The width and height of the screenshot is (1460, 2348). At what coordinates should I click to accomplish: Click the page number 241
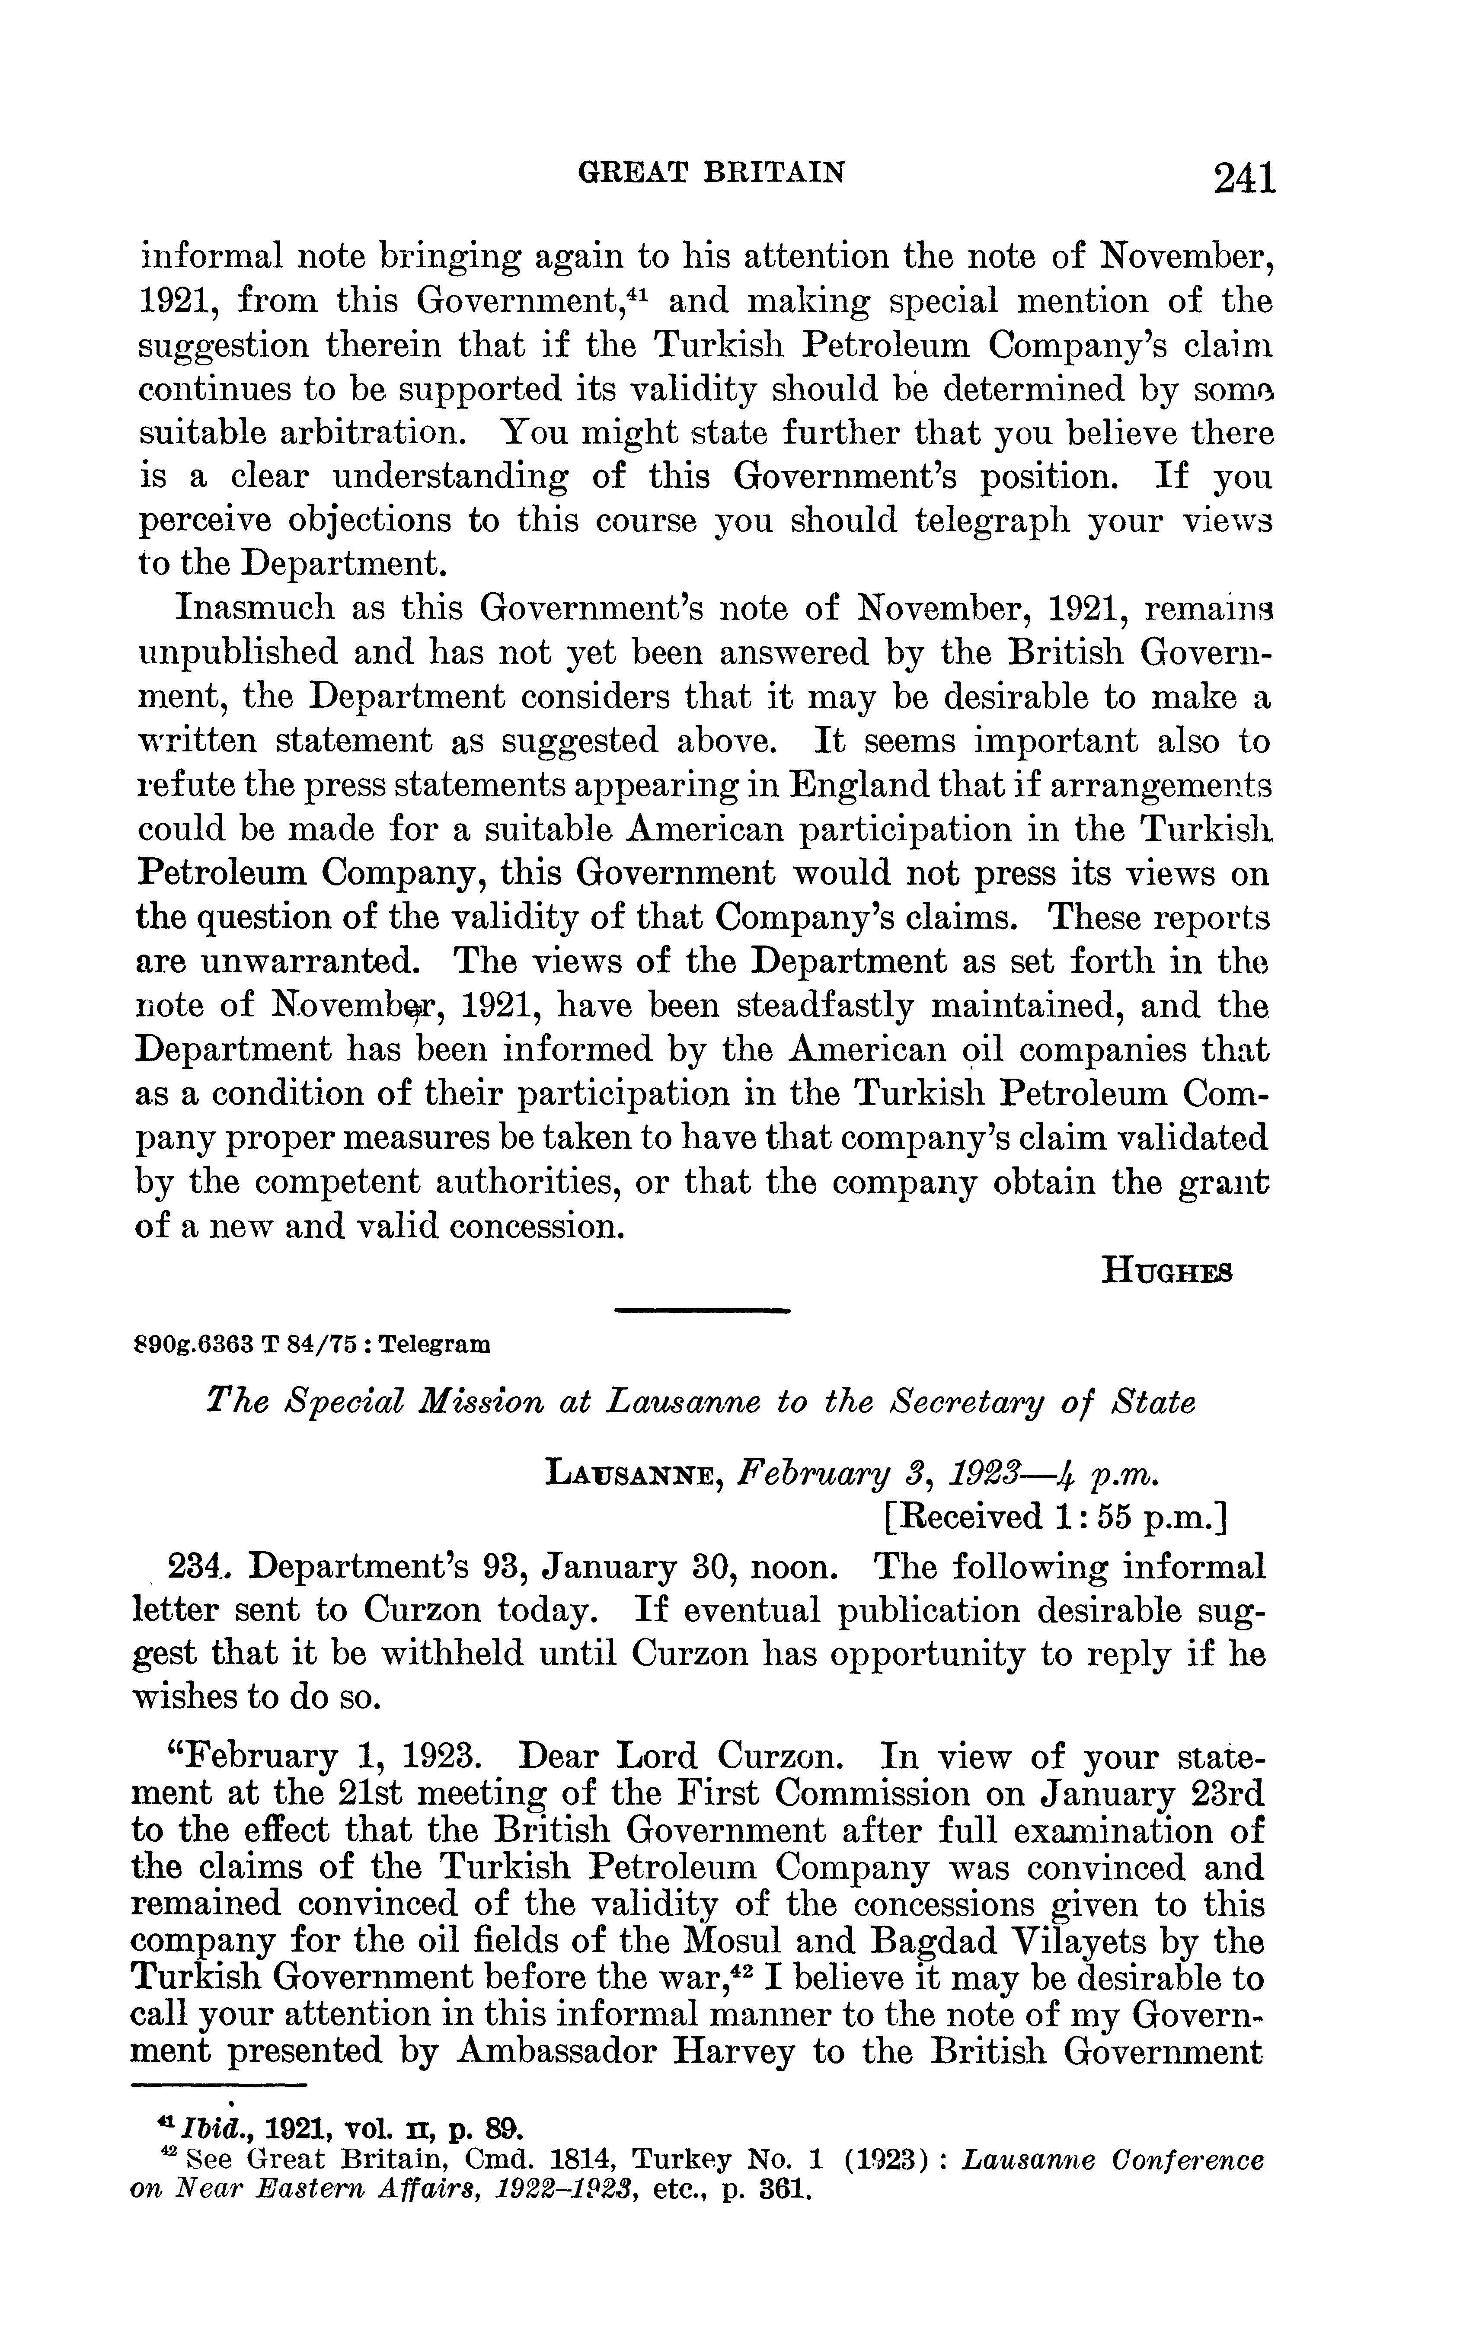point(1245,179)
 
